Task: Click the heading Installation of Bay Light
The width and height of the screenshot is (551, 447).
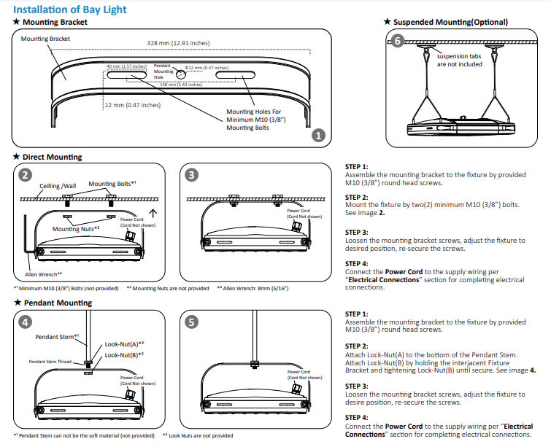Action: tap(69, 9)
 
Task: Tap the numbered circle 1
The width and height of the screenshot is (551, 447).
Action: tap(317, 135)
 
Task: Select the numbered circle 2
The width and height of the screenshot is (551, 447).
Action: tap(25, 175)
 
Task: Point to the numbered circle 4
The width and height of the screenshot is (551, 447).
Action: tap(25, 322)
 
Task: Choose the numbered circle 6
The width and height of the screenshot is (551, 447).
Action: tap(397, 41)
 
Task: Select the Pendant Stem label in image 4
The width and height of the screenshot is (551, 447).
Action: tap(56, 337)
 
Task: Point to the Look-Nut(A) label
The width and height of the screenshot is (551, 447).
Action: tap(124, 343)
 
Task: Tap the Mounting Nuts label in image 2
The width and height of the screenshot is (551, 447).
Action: tap(75, 229)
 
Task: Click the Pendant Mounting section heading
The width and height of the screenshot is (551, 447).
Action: tap(53, 303)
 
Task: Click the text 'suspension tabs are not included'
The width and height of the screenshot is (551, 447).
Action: tap(459, 60)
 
